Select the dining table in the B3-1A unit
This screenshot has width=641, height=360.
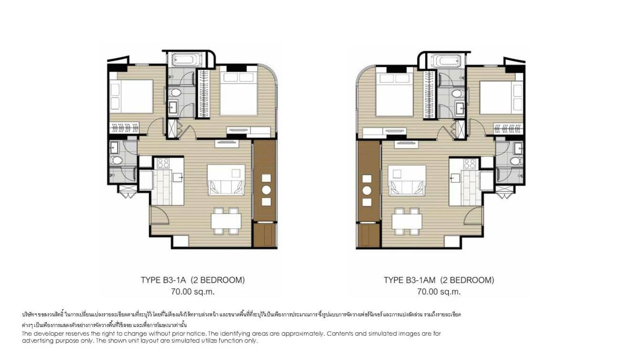(226, 221)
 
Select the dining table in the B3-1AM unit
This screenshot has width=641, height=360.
(407, 221)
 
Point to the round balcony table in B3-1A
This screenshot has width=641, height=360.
(266, 190)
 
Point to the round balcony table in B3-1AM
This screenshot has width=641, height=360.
(367, 190)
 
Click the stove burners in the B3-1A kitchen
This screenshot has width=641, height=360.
(163, 163)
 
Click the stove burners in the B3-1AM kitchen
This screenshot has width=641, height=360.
(470, 164)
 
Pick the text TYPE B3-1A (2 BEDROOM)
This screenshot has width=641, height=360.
(192, 280)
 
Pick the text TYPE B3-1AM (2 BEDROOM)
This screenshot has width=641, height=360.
(439, 280)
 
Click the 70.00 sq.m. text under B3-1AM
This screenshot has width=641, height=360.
(438, 291)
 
